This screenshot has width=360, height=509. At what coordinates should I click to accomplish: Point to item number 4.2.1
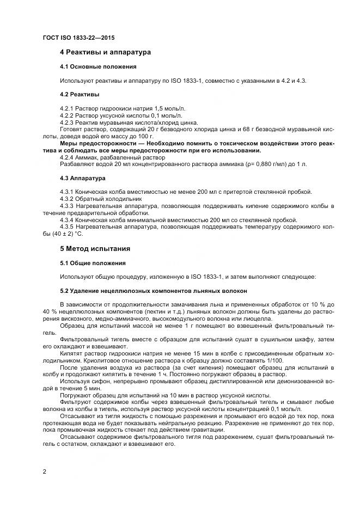[67, 109]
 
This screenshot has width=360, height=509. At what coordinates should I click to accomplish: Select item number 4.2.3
[67, 122]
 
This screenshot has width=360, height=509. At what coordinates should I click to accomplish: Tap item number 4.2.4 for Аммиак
[67, 157]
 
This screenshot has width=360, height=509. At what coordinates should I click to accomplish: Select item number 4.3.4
[67, 220]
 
